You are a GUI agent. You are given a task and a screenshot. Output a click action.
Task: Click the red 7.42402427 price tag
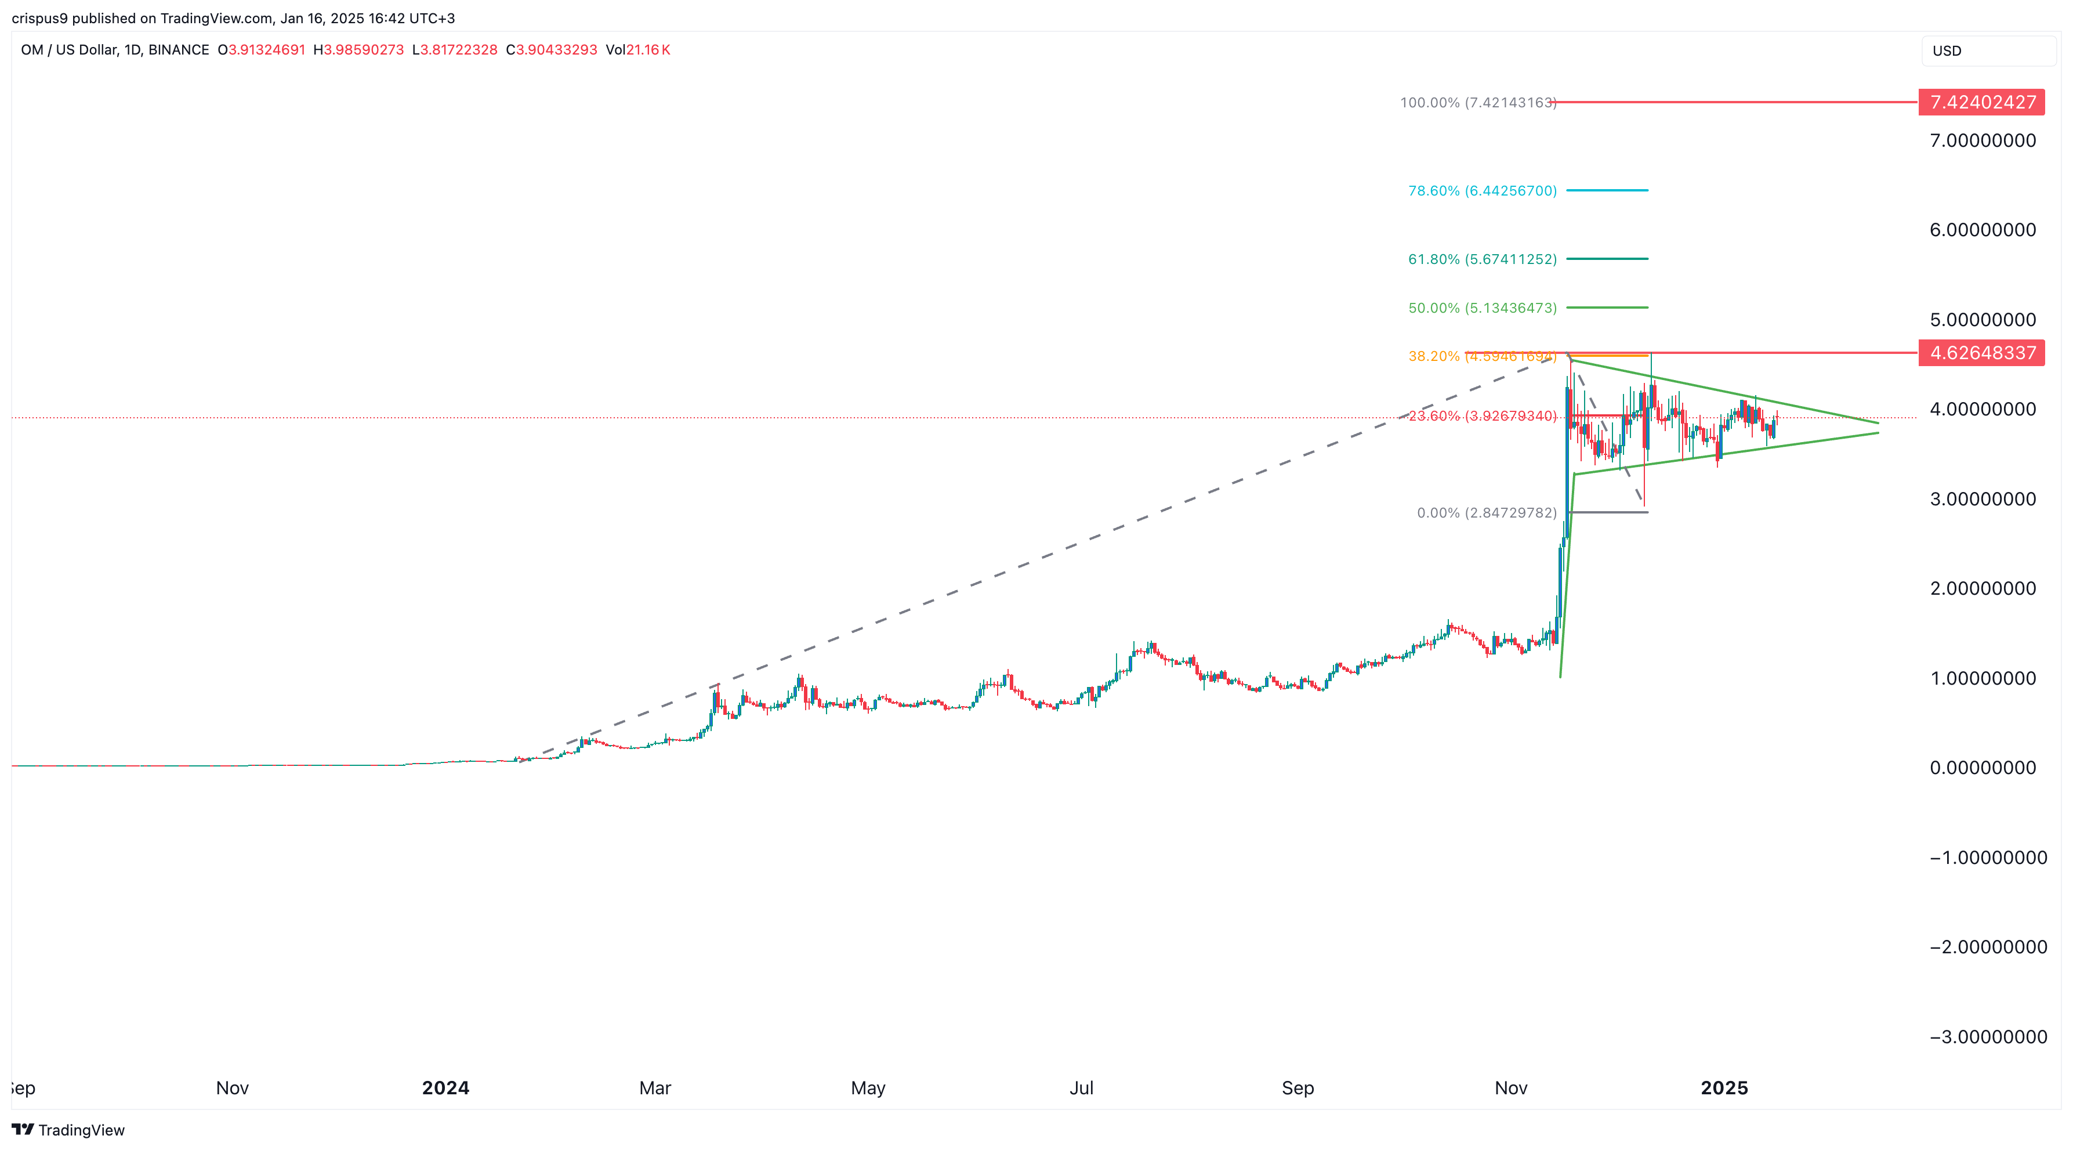pos(1981,102)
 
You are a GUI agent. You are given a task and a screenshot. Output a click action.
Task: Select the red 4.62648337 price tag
pos(1981,352)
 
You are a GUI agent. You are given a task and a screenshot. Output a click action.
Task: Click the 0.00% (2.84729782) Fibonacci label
pos(1487,513)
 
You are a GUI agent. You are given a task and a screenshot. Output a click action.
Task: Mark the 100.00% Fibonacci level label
pos(1477,103)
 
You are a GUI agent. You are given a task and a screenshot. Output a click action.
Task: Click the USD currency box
pos(1988,50)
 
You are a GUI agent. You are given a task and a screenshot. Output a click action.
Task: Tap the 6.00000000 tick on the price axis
pos(1982,230)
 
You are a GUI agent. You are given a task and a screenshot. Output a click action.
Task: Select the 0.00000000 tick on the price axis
pos(1982,768)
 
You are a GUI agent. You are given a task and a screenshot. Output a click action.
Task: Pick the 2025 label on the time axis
pos(1724,1088)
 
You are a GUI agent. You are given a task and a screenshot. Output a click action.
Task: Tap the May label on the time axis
pos(868,1088)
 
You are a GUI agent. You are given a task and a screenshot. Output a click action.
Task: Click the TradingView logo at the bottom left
pos(68,1130)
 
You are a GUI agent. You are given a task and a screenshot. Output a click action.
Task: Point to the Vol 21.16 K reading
pos(637,50)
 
